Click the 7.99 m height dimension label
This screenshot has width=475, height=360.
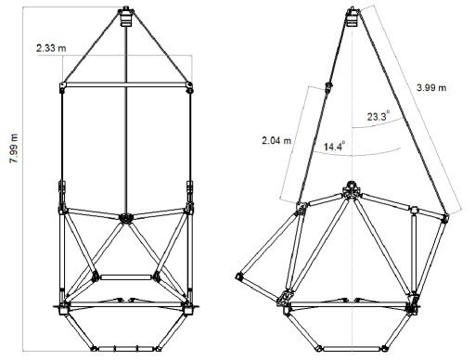(15, 148)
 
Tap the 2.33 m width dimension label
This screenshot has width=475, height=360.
(51, 48)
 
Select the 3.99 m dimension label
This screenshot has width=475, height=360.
(431, 88)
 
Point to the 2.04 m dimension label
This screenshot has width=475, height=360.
(276, 141)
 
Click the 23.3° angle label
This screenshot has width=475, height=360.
(378, 116)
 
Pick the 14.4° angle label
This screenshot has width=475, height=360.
(334, 146)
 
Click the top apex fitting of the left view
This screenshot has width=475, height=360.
(126, 16)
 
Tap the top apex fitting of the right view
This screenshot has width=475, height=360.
(353, 16)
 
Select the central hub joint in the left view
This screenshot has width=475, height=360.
(126, 218)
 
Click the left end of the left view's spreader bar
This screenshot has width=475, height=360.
(62, 87)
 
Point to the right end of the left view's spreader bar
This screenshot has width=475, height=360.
(189, 87)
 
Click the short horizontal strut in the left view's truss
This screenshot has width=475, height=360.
(126, 277)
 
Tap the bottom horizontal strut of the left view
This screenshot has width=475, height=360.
(126, 349)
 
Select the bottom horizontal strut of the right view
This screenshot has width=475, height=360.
(352, 349)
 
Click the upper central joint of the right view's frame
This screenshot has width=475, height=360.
(351, 189)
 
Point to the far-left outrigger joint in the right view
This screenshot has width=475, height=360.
(239, 276)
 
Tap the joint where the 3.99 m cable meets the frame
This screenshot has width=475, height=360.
(445, 217)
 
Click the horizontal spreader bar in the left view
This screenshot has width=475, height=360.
(126, 84)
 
